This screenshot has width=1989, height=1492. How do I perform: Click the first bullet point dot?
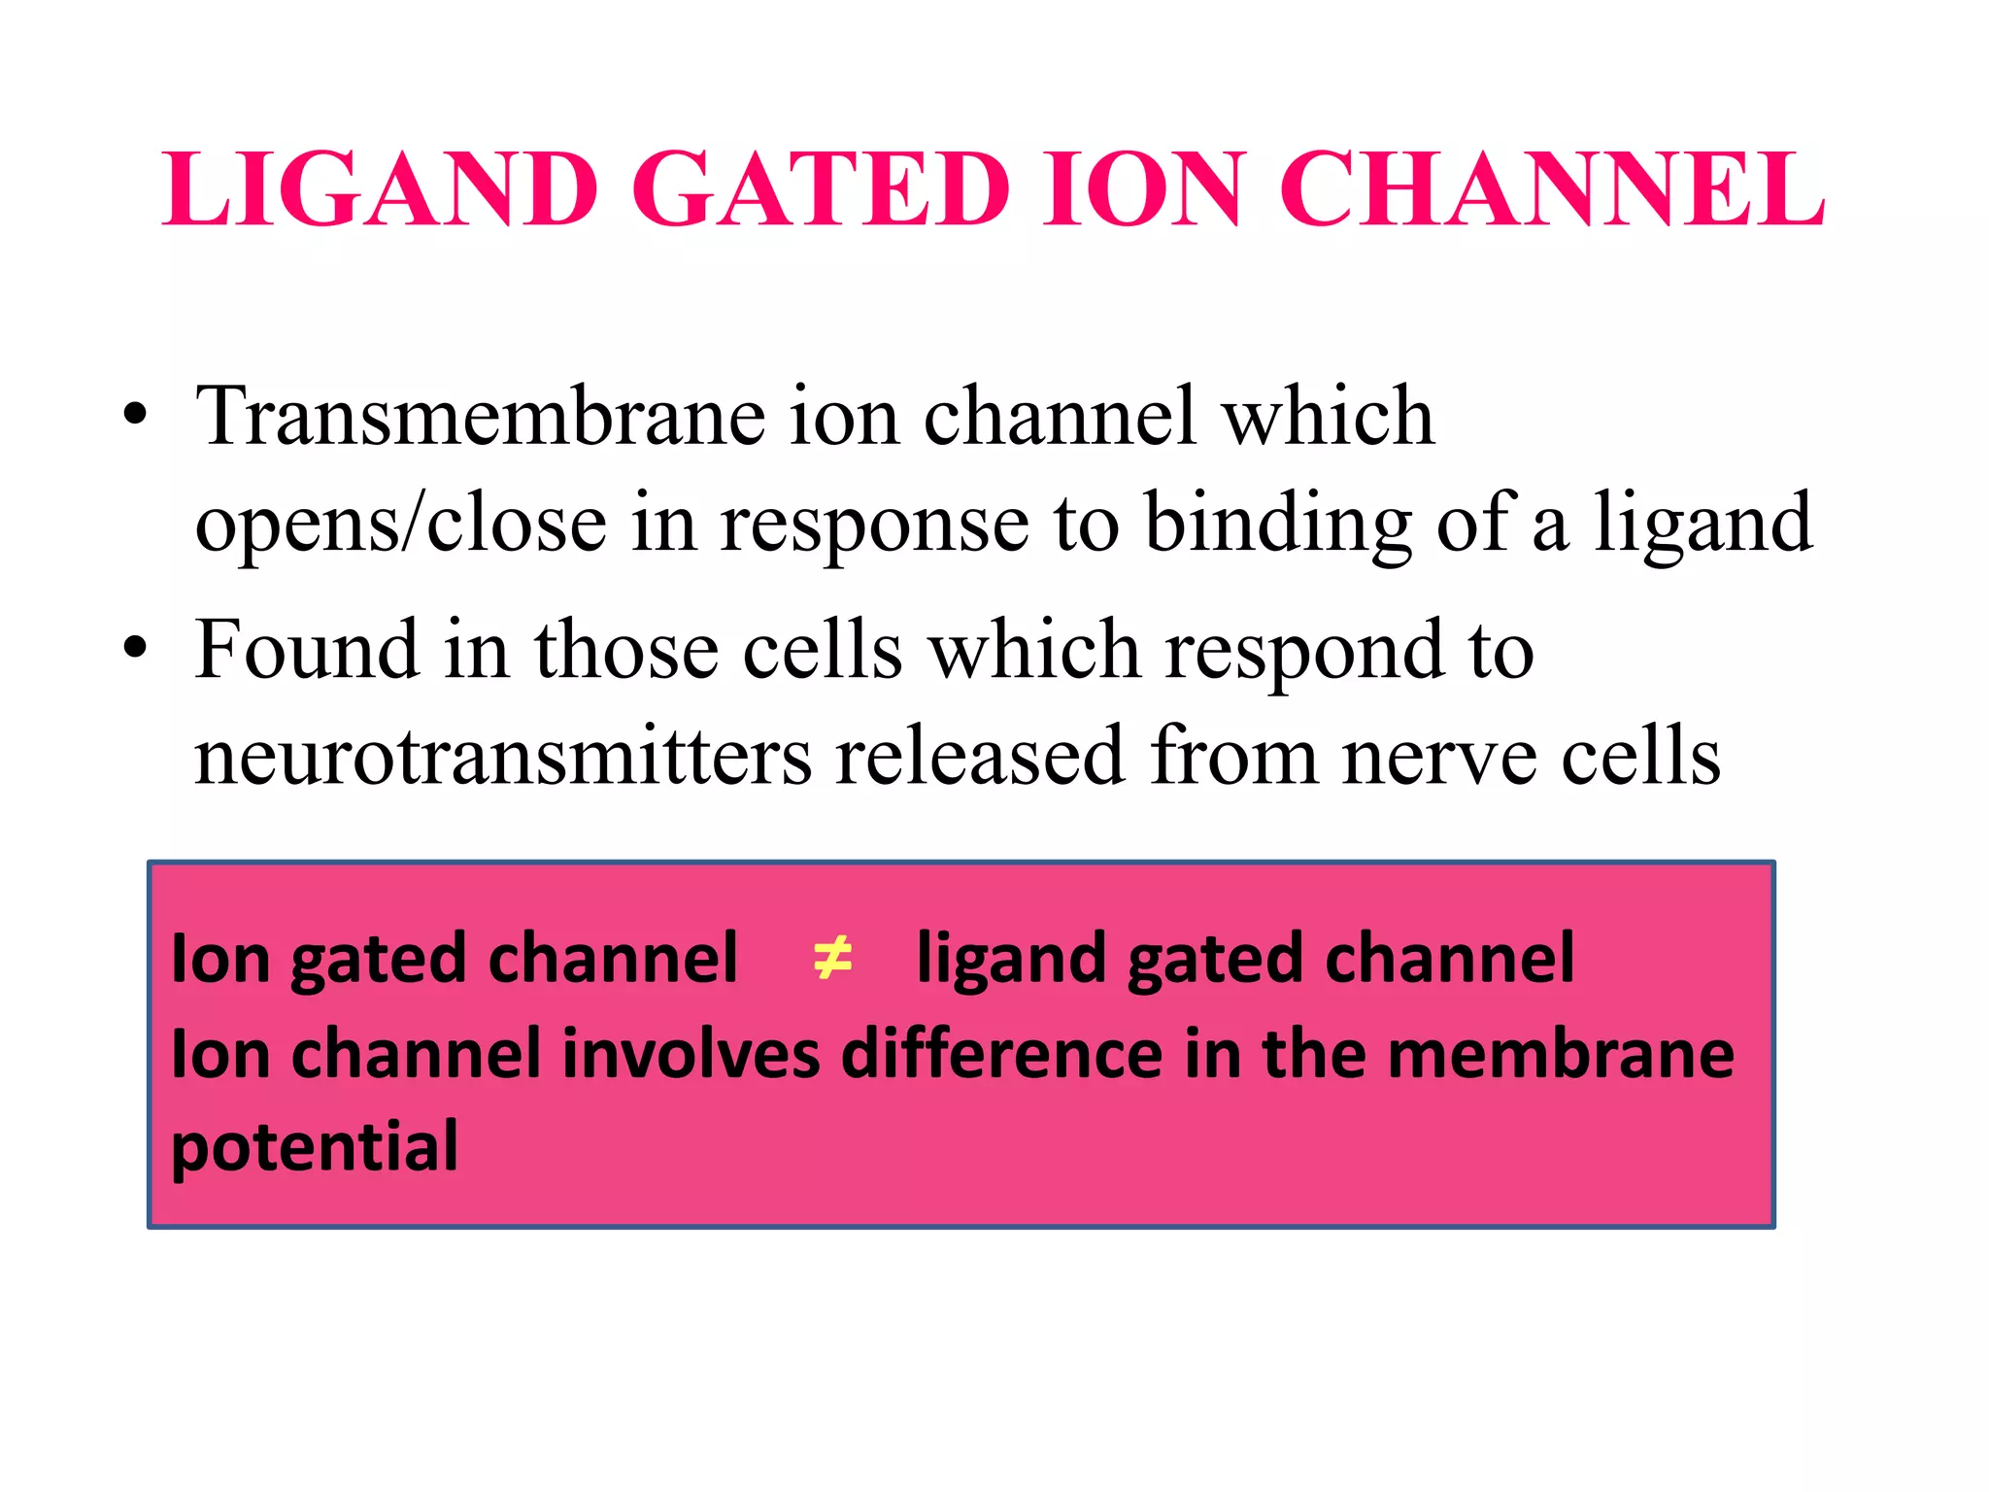[x=136, y=416]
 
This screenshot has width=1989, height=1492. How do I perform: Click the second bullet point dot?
[x=136, y=648]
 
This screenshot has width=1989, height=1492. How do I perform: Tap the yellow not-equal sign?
[x=832, y=958]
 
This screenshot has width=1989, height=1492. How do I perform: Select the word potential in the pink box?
[x=315, y=1148]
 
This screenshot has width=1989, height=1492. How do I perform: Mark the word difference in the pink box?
[x=1001, y=1055]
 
